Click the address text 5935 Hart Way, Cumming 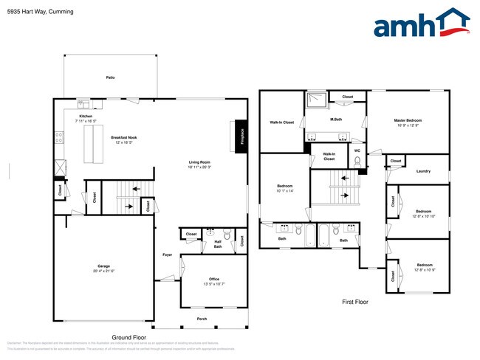point(36,12)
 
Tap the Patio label point(110,77)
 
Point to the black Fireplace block point(239,135)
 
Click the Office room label point(214,279)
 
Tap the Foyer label point(168,255)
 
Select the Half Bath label point(218,243)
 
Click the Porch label point(202,319)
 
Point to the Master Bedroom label point(408,120)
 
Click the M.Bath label point(335,120)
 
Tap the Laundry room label point(423,171)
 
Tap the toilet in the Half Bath point(227,236)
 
